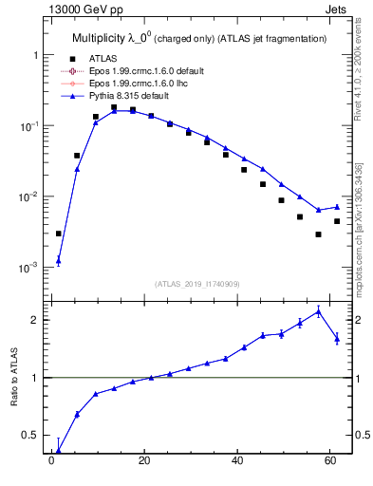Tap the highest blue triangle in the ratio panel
coord(318,311)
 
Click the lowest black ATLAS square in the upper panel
coord(318,234)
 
